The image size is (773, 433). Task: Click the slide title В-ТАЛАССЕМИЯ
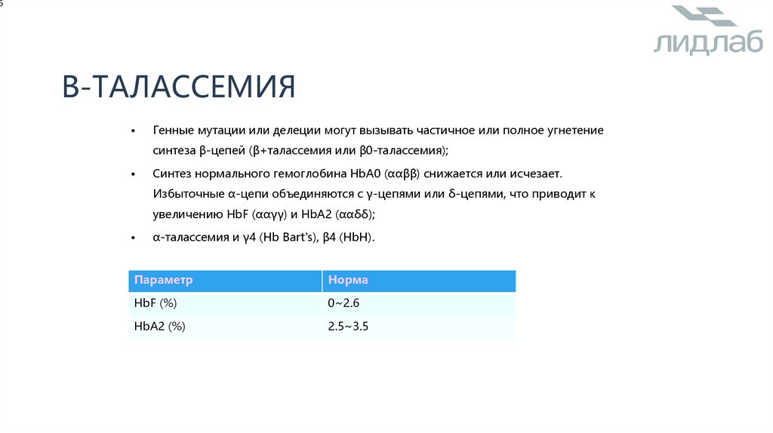(179, 87)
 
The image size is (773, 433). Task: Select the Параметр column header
(164, 280)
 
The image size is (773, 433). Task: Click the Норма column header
(348, 280)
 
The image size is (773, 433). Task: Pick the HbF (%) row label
(156, 303)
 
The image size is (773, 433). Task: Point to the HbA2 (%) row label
(159, 327)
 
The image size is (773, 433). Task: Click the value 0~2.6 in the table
(344, 303)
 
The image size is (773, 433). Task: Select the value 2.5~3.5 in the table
(348, 327)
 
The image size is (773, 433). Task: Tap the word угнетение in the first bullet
(574, 131)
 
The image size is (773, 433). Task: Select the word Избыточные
(186, 194)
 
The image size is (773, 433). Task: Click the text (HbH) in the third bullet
(356, 237)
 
